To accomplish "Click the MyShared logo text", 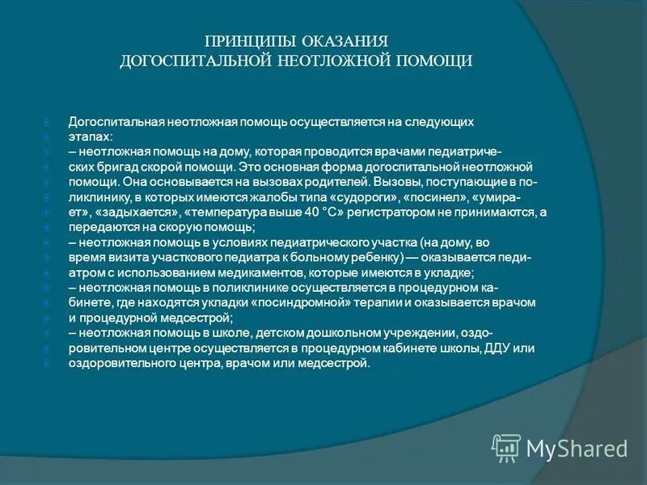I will tap(577, 449).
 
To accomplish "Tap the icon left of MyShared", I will tap(505, 447).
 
